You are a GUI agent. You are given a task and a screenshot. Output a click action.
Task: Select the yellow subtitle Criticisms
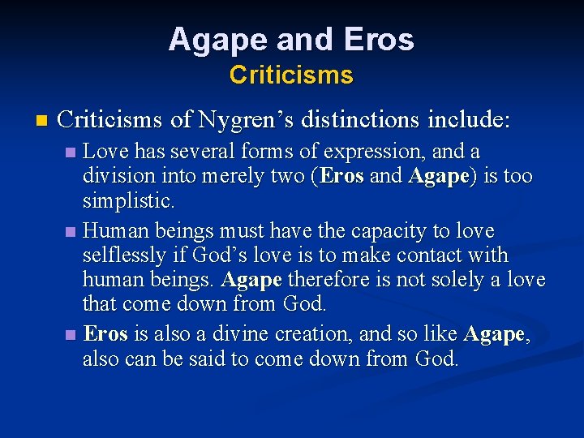(291, 75)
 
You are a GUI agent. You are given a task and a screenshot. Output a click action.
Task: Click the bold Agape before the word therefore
(251, 280)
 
